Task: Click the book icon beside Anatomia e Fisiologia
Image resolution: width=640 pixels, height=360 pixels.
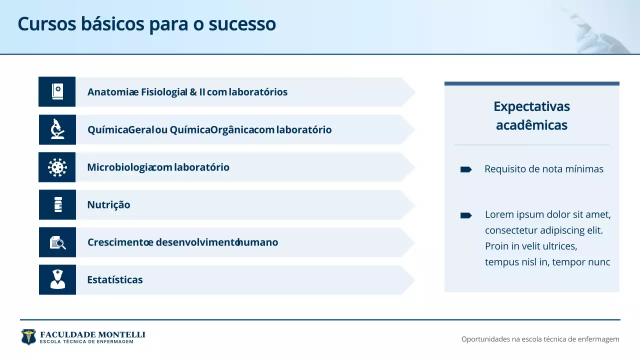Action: [57, 91]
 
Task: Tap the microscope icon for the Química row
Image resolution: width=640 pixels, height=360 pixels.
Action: [57, 129]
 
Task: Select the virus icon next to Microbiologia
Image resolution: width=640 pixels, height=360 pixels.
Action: [57, 167]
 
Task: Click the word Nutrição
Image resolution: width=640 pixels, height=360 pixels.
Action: [108, 205]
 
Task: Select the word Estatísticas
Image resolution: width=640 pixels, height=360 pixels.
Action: [115, 280]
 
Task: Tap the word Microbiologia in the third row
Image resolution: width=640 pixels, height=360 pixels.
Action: [119, 167]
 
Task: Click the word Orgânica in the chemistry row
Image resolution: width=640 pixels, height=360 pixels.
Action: [232, 130]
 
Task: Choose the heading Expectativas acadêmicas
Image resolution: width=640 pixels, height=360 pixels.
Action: [531, 115]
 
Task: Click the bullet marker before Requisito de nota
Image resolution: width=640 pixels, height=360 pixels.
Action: [465, 169]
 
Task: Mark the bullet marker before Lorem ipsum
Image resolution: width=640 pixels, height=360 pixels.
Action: [465, 215]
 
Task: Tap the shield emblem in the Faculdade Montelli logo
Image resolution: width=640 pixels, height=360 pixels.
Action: [28, 336]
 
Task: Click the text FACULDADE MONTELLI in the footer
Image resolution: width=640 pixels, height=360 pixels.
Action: [92, 334]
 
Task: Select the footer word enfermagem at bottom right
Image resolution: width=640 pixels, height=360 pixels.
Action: [598, 339]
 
